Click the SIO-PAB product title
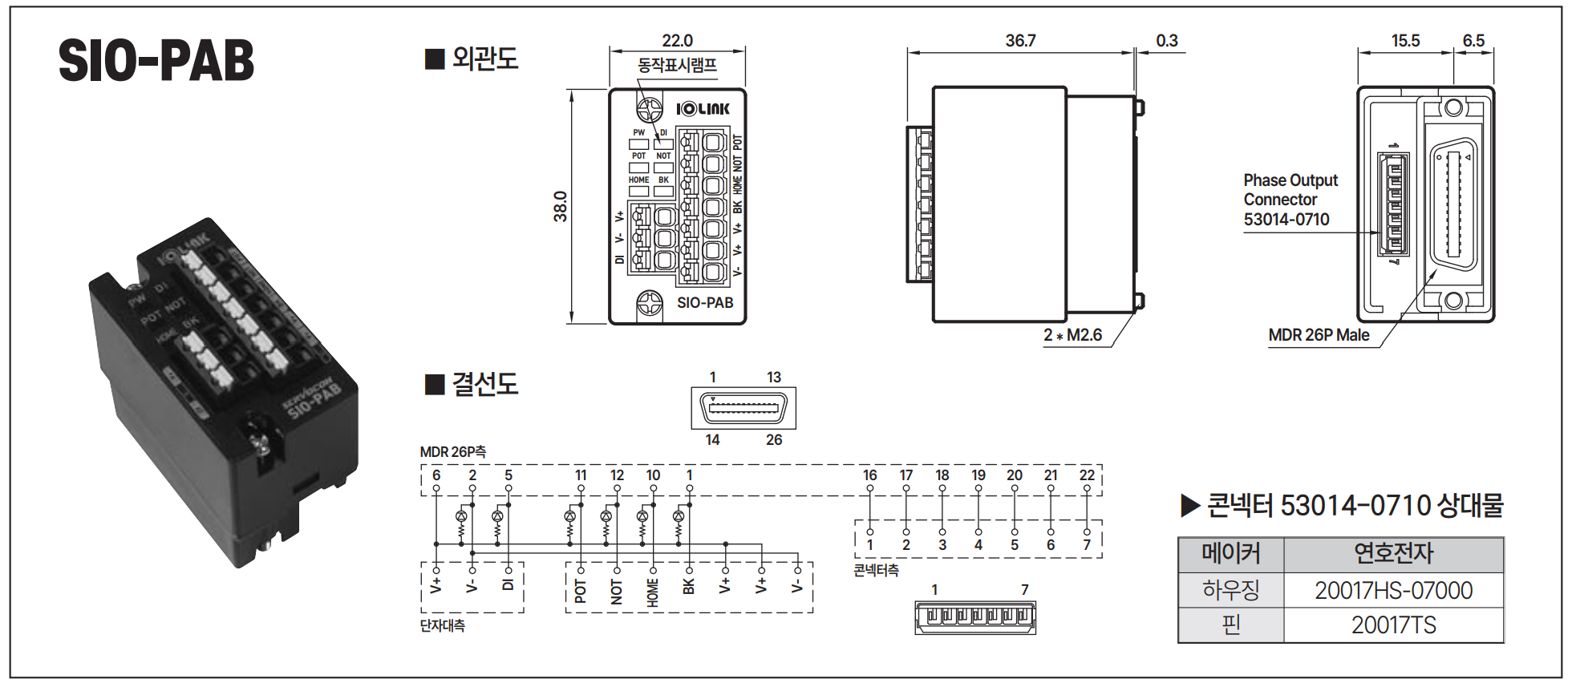pos(156,61)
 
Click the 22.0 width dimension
pos(677,41)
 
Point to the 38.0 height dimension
pos(560,207)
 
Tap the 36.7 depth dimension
pos(1020,41)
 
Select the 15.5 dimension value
pos(1405,41)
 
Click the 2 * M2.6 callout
pos(1072,335)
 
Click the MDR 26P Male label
pos(1319,335)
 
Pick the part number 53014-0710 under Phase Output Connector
pos(1286,220)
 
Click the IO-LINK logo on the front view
pos(703,109)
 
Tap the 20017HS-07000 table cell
pos(1393,591)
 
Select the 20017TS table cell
pos(1393,625)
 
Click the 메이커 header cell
pos(1230,554)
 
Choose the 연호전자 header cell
pos(1393,554)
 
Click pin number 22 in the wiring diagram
pos(1087,475)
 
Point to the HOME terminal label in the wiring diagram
pos(653,592)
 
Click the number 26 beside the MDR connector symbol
pos(774,440)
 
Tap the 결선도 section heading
pos(484,384)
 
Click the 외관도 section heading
pos(484,59)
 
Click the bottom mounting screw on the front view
pos(649,304)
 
